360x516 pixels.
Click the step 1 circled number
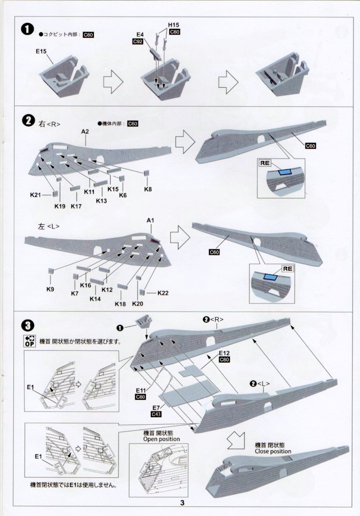[x=27, y=29]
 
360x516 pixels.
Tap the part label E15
[x=42, y=51]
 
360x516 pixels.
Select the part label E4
[x=140, y=34]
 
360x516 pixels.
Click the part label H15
[x=173, y=24]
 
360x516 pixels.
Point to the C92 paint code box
[x=138, y=41]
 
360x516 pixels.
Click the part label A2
[x=85, y=131]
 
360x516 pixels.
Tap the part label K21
[x=35, y=194]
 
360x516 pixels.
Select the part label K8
[x=148, y=190]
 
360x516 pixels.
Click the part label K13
[x=102, y=201]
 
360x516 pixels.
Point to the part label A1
[x=150, y=220]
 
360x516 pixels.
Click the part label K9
[x=50, y=289]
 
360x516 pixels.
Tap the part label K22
[x=163, y=293]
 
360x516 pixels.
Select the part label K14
[x=95, y=299]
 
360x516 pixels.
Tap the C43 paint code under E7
[x=157, y=415]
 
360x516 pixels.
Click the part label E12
[x=225, y=353]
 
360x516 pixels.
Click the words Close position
[x=273, y=451]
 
